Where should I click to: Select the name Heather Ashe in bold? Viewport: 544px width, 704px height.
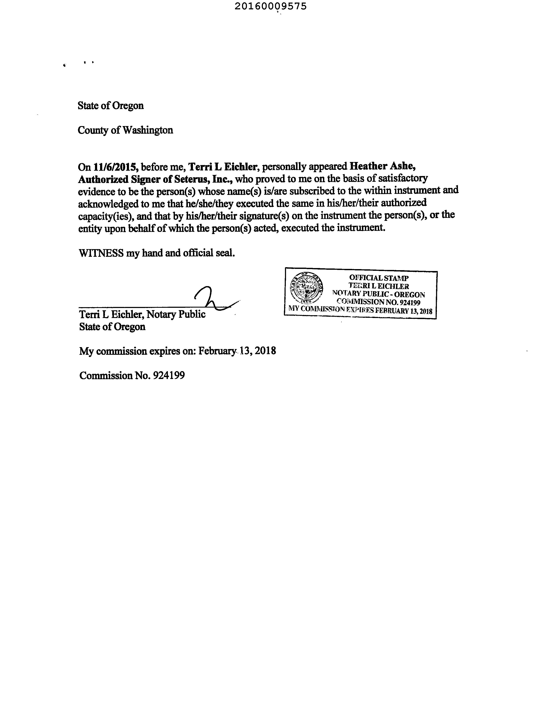tap(382, 166)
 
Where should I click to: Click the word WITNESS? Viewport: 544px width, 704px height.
tap(101, 253)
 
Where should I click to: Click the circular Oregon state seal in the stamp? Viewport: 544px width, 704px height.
tap(306, 288)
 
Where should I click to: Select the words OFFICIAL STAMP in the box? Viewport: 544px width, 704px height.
tap(379, 278)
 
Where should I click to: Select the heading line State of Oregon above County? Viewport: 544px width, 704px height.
tap(110, 106)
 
